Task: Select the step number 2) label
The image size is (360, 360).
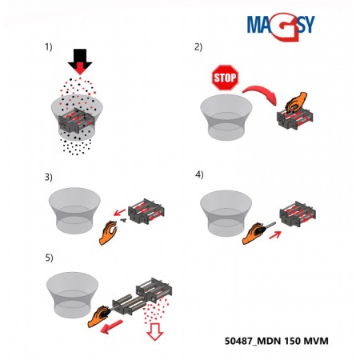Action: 198,47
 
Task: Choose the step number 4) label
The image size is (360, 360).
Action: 198,174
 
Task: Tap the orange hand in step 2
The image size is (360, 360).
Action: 295,102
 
